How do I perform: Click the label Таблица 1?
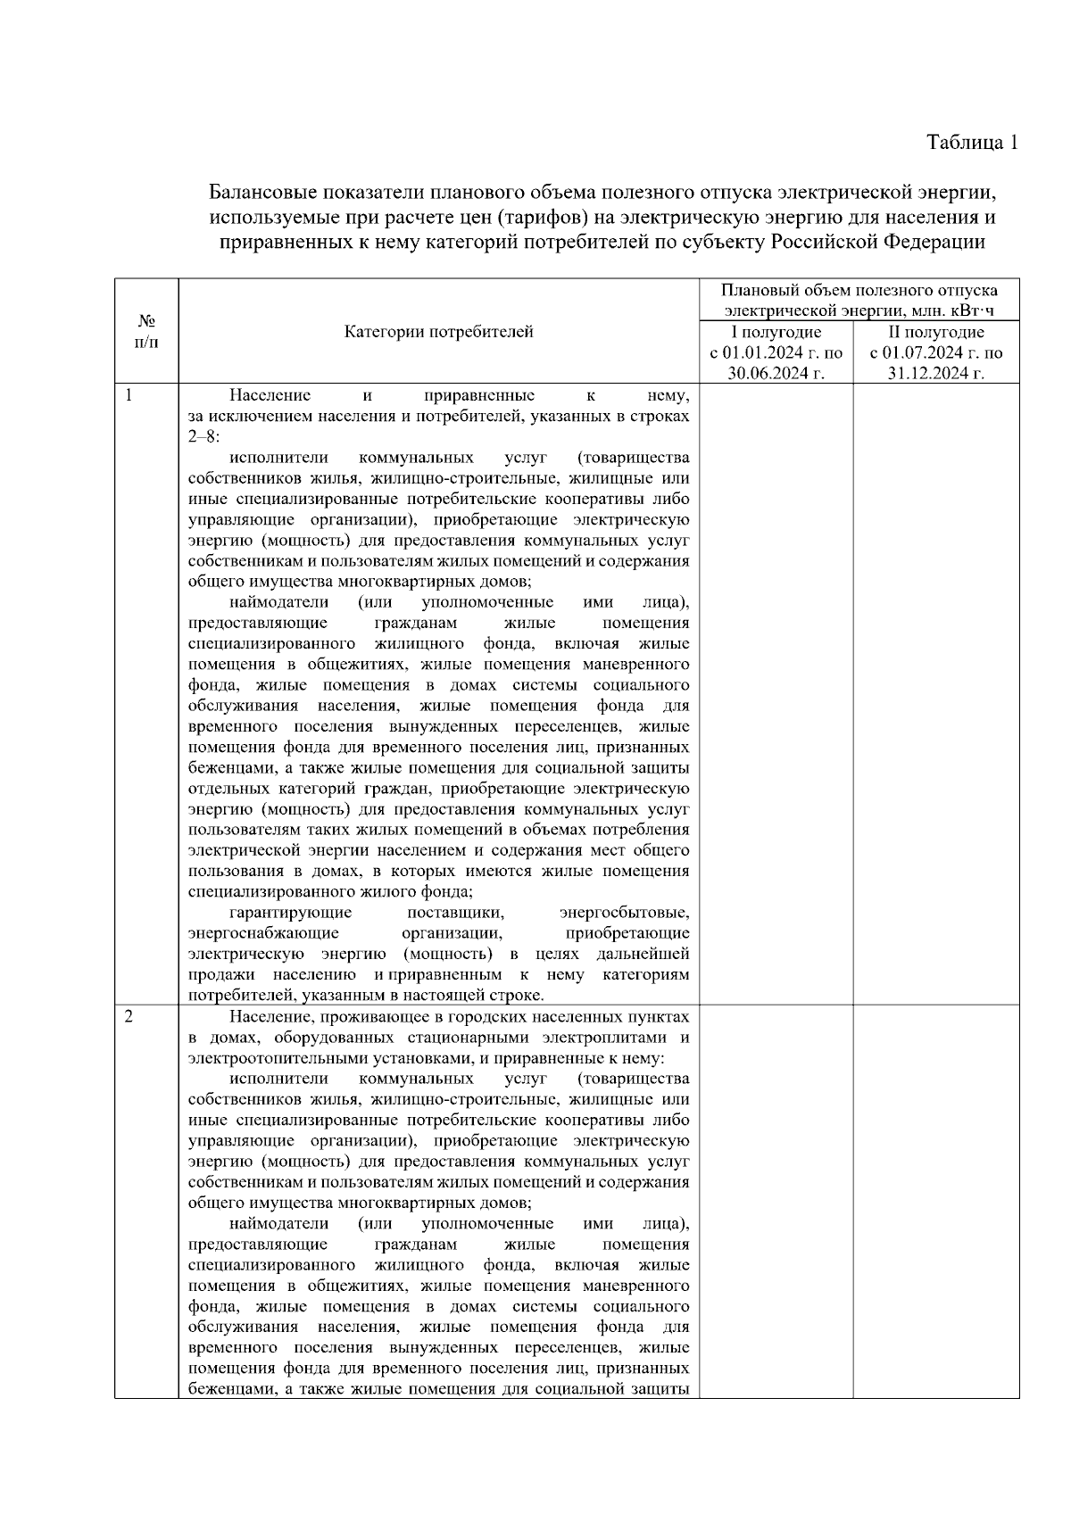point(972,142)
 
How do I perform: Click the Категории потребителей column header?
point(438,332)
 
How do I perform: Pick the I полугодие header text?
point(776,332)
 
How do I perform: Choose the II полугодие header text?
point(935,332)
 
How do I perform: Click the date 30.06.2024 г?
point(776,373)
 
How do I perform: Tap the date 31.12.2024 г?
point(935,373)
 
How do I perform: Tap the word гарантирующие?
point(290,913)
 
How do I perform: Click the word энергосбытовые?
point(624,913)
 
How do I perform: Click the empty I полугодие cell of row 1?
point(776,696)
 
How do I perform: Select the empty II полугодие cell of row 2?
point(935,1204)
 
